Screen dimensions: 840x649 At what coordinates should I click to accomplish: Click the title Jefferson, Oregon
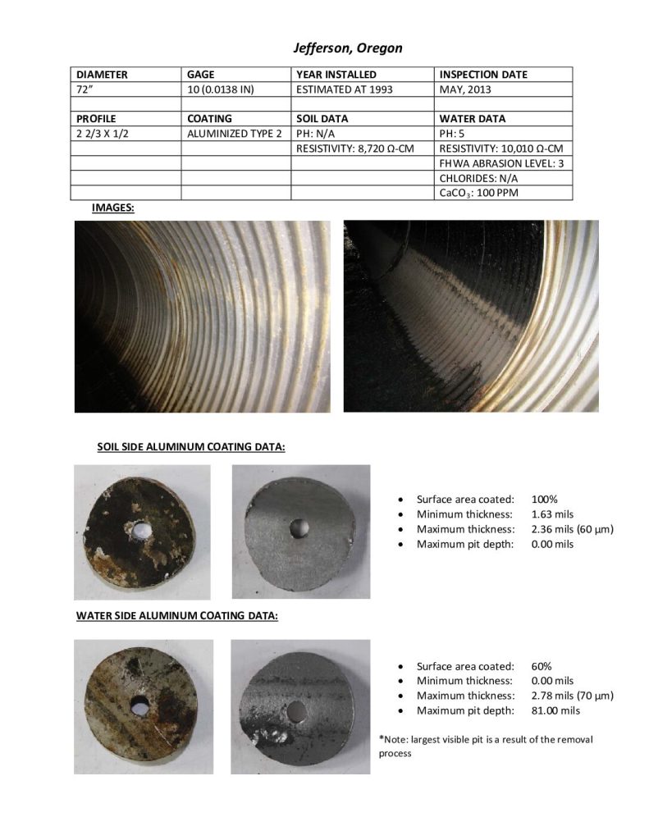(x=348, y=48)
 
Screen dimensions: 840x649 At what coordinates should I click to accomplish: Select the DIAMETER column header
(x=102, y=75)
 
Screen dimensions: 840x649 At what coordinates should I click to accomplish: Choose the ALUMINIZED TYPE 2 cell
(x=234, y=133)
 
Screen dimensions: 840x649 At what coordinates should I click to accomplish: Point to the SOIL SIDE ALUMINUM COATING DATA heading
(x=191, y=447)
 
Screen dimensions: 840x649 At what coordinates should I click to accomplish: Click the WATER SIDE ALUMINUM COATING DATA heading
(x=177, y=615)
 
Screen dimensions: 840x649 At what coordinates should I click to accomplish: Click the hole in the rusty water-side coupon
(x=139, y=703)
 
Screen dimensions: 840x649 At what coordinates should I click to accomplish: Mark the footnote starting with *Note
(x=485, y=746)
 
